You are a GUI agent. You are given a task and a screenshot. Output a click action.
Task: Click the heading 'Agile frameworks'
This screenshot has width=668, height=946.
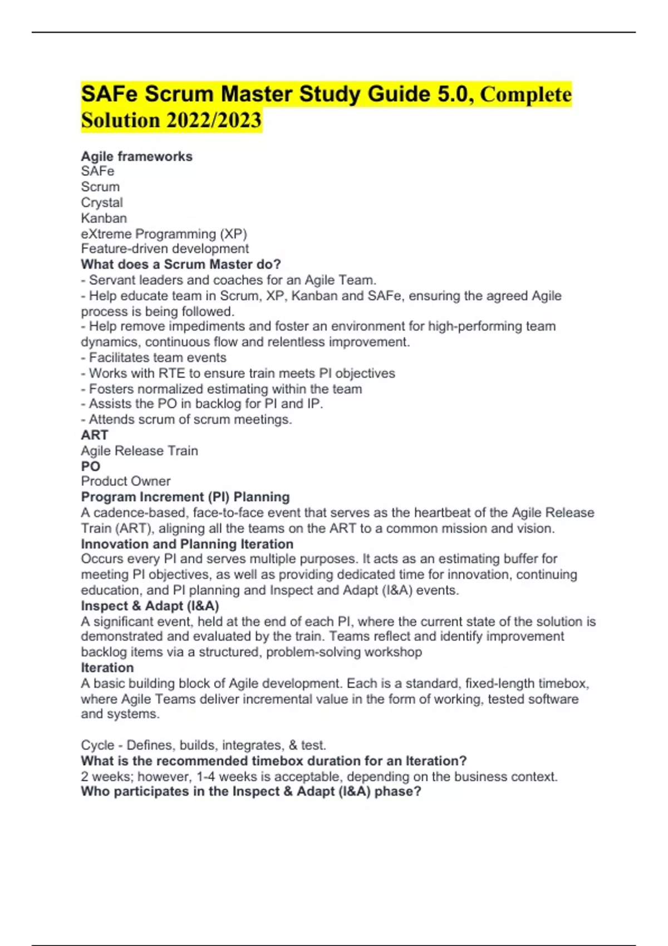coord(136,156)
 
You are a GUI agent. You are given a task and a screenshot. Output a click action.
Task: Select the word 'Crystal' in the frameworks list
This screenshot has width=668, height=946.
coord(102,203)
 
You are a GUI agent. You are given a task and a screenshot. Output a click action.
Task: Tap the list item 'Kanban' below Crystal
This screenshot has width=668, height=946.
coord(104,218)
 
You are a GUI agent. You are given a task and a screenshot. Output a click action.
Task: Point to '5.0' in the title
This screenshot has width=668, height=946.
coord(453,94)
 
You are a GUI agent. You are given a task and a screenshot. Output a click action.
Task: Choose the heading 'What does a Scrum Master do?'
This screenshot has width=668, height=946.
coord(181,264)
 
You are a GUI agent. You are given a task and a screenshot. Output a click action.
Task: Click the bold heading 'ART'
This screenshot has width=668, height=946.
coord(95,435)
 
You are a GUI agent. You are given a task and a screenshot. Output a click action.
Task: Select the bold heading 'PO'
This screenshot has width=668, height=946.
coord(91,466)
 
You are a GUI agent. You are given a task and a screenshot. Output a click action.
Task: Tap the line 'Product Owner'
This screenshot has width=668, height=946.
coord(126,481)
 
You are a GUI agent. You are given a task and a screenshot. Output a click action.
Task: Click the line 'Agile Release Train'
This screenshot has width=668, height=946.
coord(139,451)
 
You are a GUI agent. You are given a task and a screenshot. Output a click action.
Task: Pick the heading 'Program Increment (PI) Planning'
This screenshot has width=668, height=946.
coord(185,497)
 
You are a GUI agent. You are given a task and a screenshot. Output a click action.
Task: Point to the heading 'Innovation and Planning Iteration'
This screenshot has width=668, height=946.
coord(187,544)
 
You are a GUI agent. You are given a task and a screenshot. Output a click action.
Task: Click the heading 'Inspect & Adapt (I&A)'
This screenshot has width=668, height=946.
coord(150,606)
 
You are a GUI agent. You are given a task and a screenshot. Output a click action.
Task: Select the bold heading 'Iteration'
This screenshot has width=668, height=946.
coord(107,668)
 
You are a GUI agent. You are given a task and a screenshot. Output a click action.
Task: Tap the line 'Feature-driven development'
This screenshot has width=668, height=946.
coord(165,249)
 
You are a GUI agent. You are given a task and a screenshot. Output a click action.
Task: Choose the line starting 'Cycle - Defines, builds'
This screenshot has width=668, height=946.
coord(204,745)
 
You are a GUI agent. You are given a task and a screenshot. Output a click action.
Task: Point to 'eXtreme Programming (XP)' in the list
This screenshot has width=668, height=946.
coord(164,234)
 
